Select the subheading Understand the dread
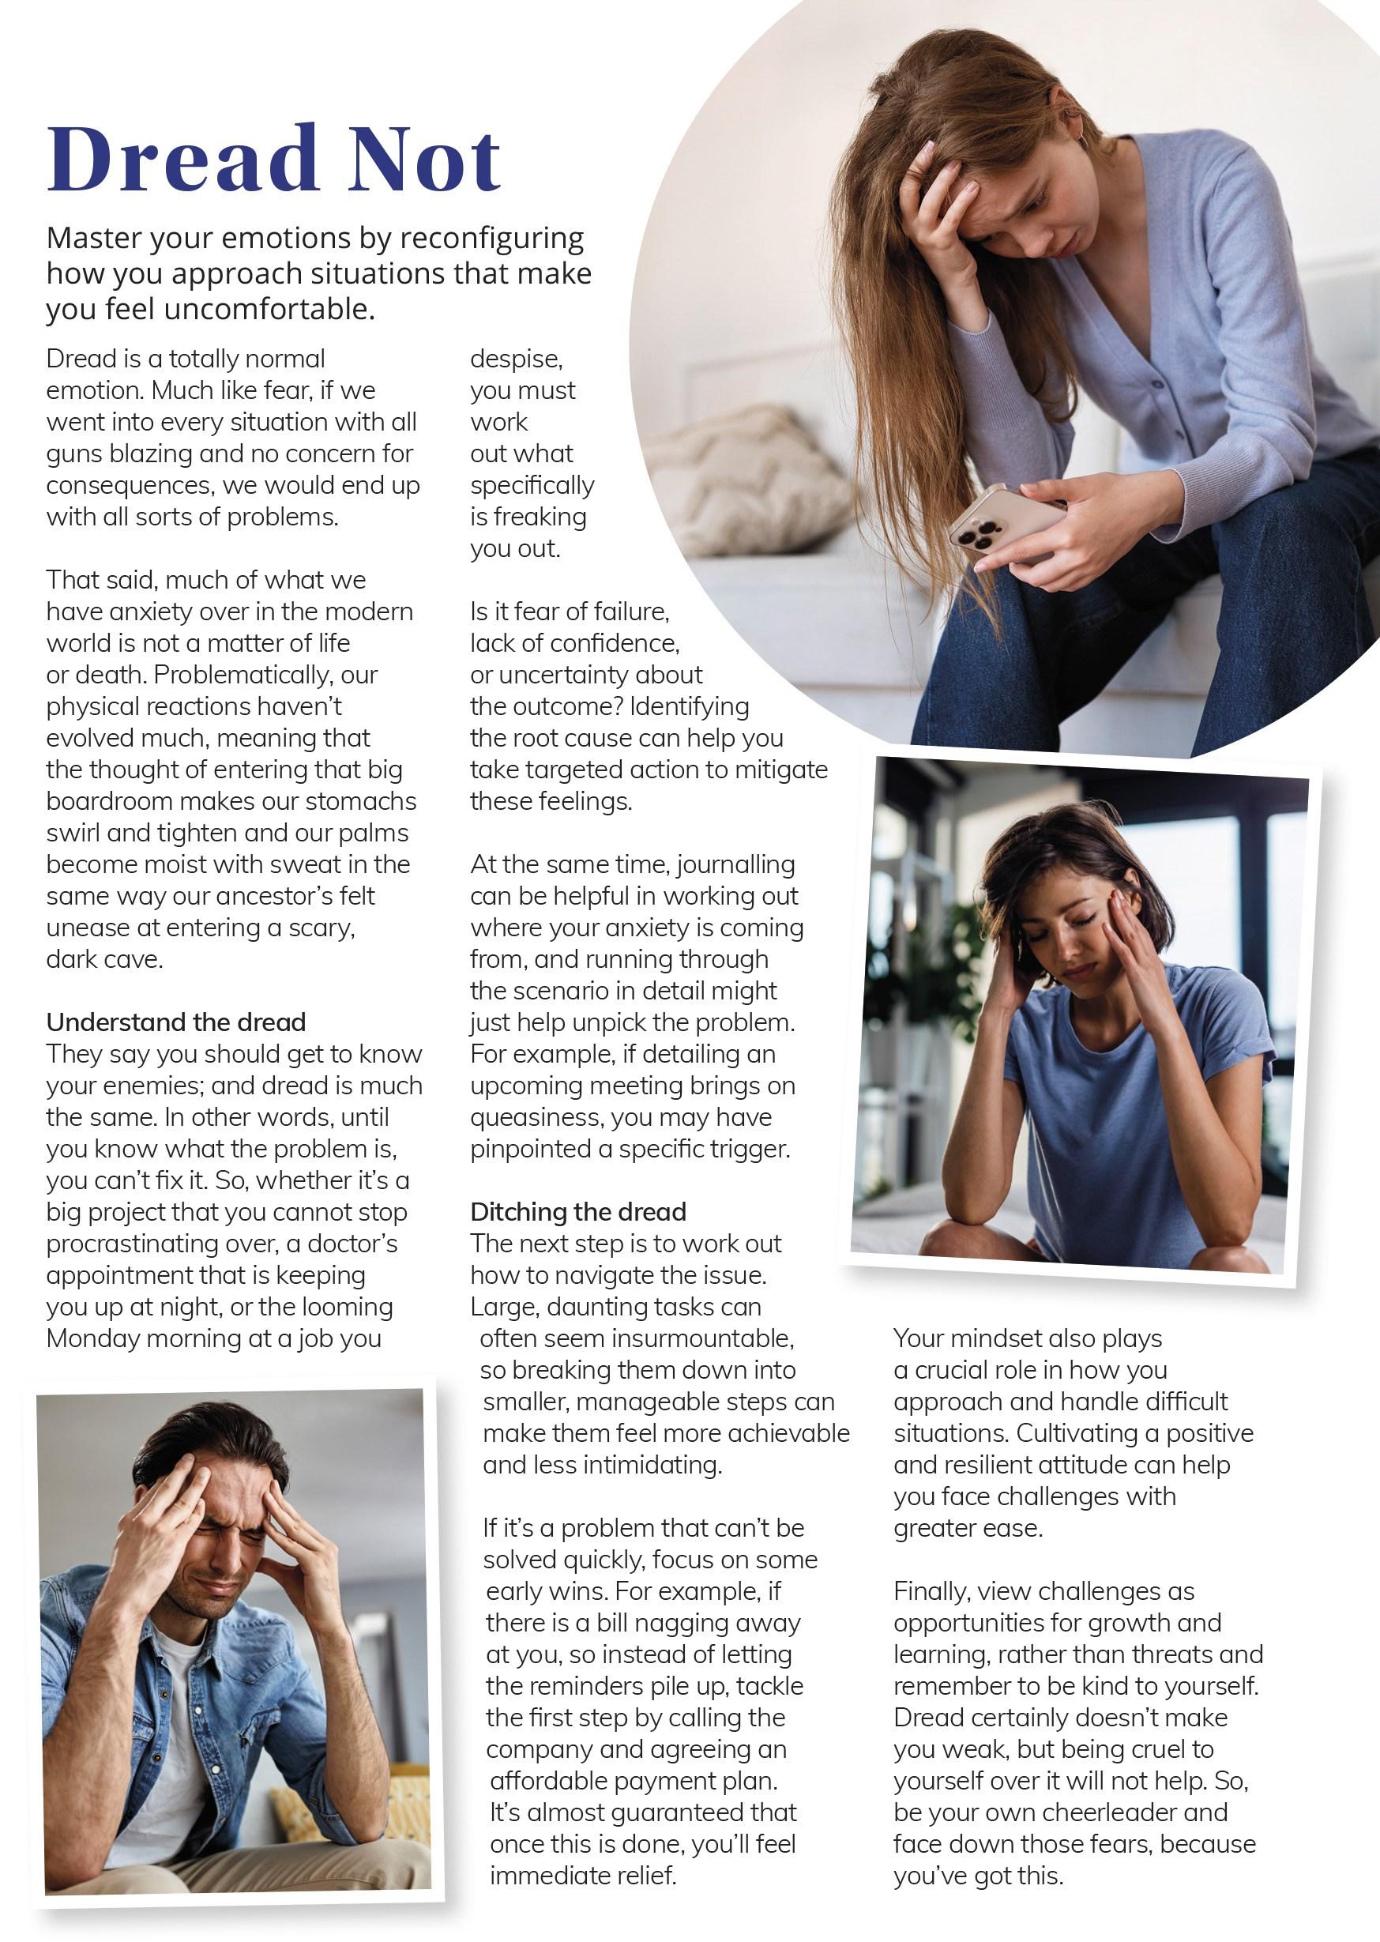click(176, 1022)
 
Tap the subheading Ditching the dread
click(578, 1211)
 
